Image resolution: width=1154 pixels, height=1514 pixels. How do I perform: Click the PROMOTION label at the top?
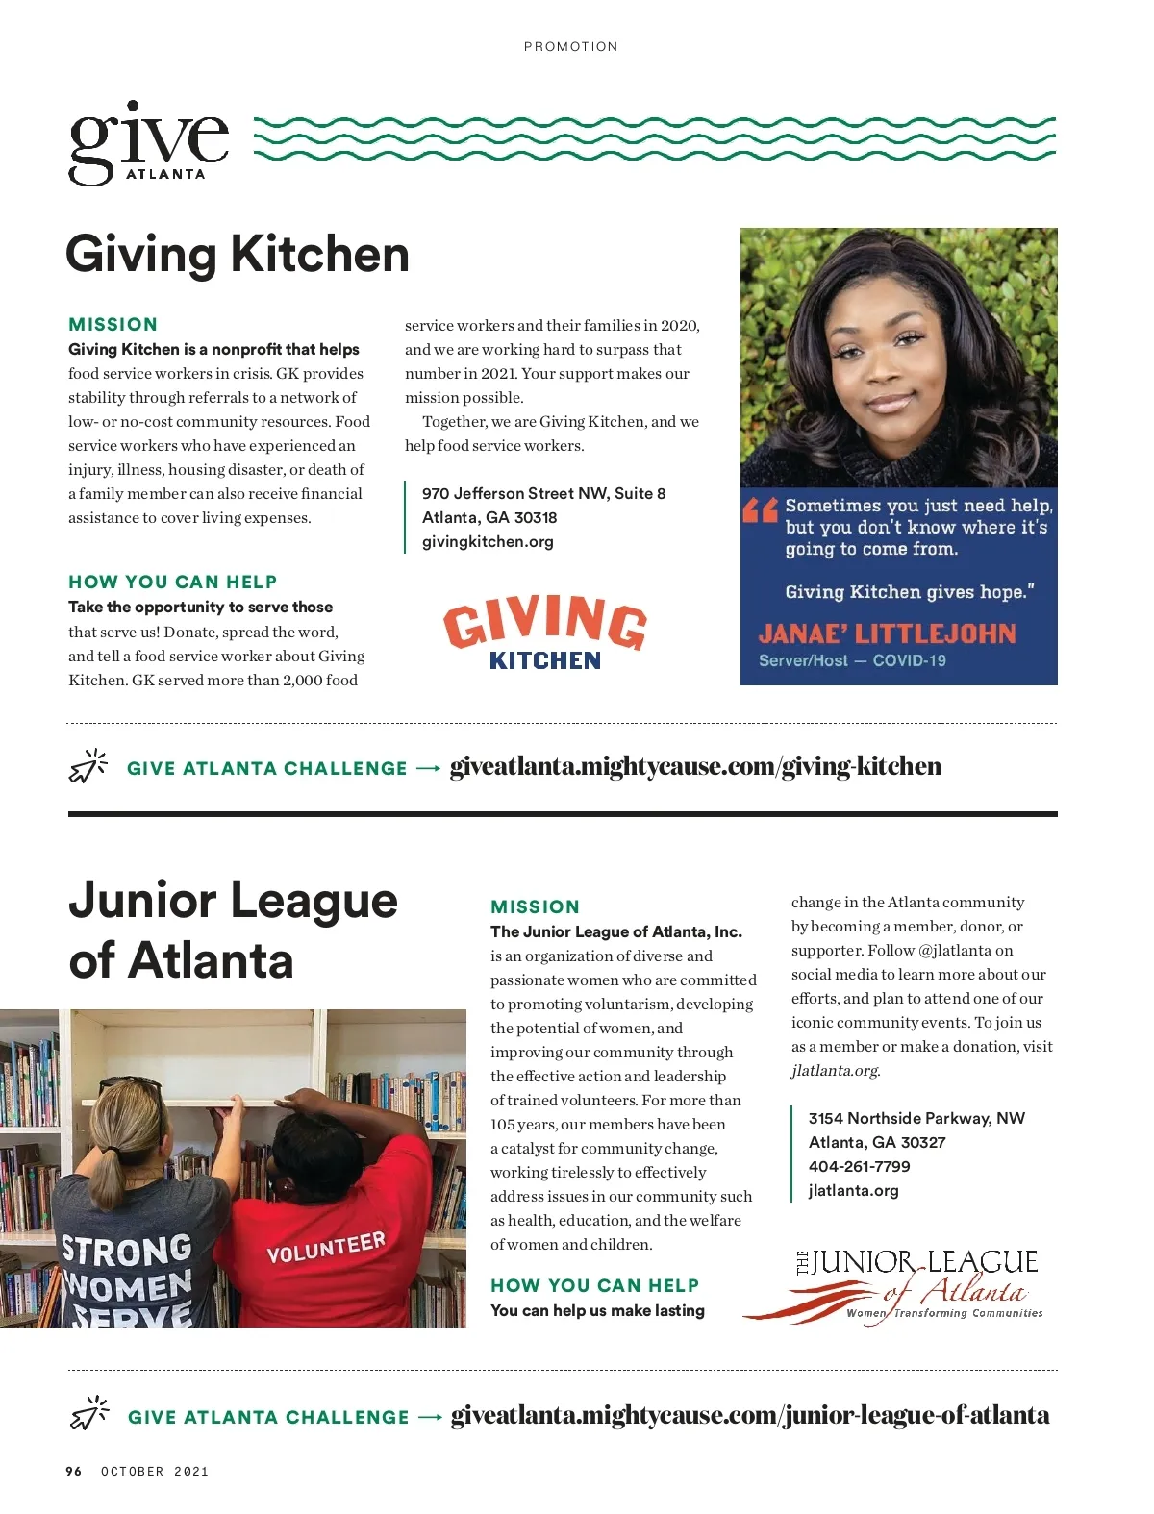[x=570, y=46]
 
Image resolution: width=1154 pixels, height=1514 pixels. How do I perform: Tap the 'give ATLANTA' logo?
[x=149, y=144]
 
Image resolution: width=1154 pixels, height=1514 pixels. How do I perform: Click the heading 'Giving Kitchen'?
[x=238, y=255]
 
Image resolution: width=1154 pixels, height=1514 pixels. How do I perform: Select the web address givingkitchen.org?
[x=488, y=542]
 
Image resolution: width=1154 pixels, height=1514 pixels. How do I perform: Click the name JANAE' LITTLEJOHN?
[x=887, y=634]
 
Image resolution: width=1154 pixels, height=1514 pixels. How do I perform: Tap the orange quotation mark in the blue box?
[x=760, y=509]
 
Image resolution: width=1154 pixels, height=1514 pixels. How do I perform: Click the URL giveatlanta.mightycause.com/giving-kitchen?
[x=695, y=767]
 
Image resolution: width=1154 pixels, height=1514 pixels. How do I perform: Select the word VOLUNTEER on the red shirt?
[x=325, y=1248]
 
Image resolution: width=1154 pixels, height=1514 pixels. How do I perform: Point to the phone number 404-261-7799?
[x=859, y=1167]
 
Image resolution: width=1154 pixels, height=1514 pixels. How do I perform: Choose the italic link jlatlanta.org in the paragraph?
[x=835, y=1071]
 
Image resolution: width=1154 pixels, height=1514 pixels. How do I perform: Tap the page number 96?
[x=74, y=1472]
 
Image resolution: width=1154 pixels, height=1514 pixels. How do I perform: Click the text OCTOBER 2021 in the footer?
[x=155, y=1472]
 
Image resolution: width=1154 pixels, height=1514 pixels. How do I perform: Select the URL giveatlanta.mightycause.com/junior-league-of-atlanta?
[x=750, y=1416]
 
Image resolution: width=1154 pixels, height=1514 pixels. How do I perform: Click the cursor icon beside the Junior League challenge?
[x=89, y=1414]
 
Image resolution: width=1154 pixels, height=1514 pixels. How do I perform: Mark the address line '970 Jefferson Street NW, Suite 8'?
[x=543, y=494]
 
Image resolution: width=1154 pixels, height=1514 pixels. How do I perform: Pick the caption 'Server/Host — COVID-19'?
[x=852, y=661]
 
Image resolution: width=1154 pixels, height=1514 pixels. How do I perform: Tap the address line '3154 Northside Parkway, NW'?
[x=916, y=1119]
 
